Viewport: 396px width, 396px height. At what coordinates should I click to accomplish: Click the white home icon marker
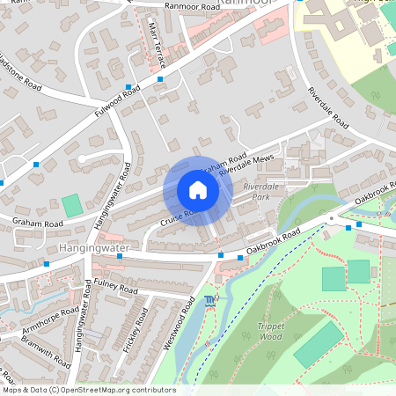coord(198,190)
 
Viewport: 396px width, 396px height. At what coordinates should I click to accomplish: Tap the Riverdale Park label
coord(261,193)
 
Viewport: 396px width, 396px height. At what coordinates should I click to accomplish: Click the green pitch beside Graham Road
coord(72,204)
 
